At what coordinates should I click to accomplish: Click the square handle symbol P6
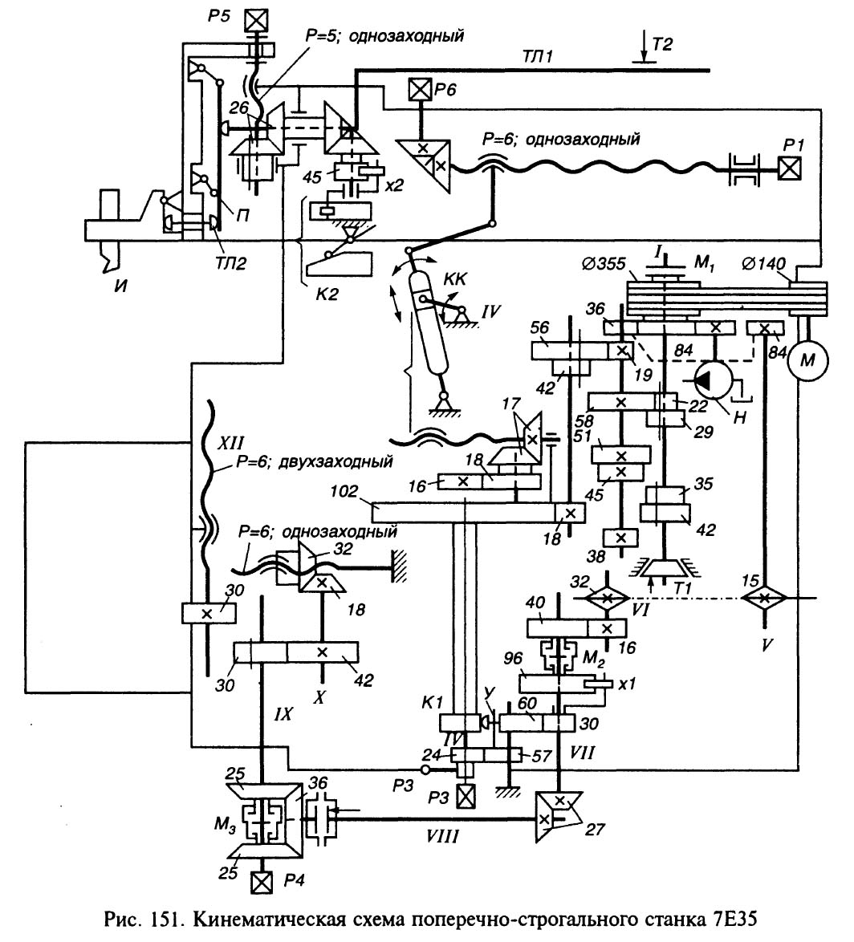coord(420,88)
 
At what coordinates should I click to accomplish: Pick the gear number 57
coord(534,756)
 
